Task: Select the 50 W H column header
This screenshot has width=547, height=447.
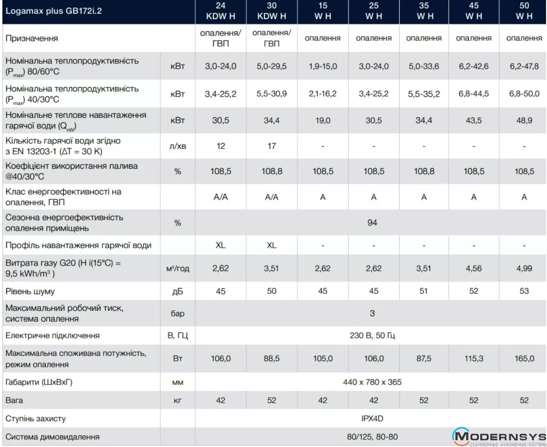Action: click(524, 11)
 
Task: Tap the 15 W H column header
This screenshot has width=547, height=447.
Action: click(322, 11)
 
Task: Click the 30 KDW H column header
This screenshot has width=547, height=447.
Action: click(271, 11)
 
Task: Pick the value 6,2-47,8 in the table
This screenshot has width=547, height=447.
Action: click(524, 66)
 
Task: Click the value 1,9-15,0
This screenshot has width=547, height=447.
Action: click(323, 66)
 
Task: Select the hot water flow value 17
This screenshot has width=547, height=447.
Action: click(271, 146)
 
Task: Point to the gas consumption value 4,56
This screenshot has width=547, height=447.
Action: click(474, 268)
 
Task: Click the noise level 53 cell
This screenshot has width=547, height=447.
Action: click(524, 291)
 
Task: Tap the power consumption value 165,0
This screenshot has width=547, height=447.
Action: click(524, 358)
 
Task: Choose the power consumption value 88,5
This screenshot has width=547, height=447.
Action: click(271, 358)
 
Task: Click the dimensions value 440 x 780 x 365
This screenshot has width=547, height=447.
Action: click(372, 382)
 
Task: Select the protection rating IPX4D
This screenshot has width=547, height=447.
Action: click(372, 418)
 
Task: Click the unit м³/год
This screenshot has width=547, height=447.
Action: click(177, 268)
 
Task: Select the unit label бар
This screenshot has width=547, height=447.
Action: click(177, 314)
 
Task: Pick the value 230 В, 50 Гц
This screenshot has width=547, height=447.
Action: click(372, 335)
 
